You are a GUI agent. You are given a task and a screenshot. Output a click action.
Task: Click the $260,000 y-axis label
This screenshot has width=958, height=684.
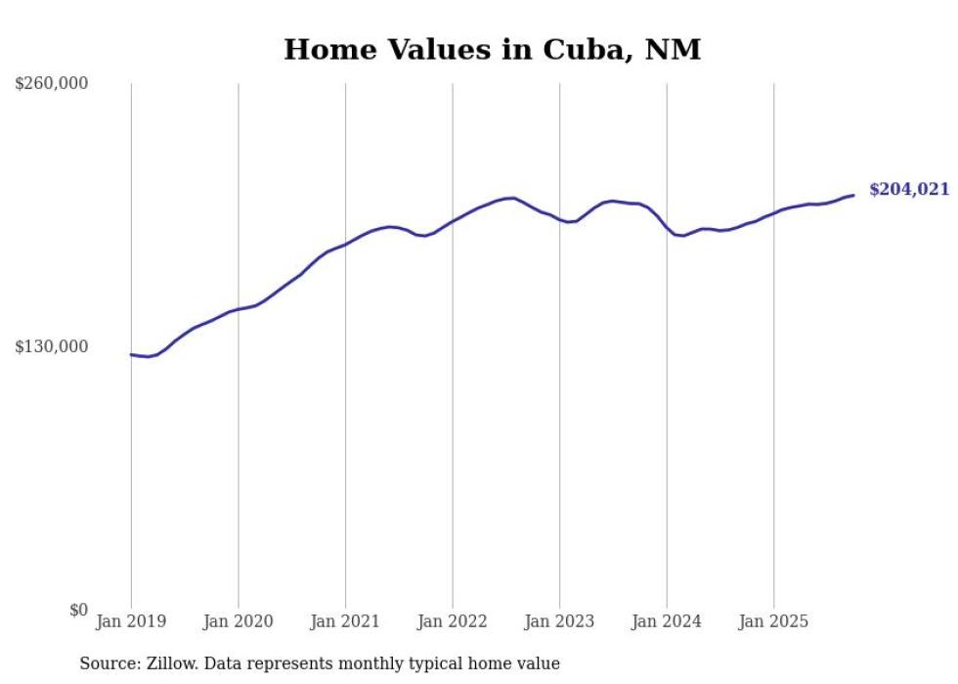52,84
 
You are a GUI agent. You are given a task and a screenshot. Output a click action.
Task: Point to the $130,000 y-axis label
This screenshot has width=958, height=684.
52,346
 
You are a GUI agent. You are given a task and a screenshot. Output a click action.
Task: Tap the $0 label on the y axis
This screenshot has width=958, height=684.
78,610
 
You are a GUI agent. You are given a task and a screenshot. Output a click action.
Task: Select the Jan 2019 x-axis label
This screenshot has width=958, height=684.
131,621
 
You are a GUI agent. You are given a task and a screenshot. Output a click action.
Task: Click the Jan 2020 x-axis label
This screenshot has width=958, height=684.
238,621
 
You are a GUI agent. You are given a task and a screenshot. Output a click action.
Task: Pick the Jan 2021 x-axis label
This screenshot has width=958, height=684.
345,621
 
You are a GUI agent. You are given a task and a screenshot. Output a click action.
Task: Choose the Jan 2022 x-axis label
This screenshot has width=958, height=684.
452,621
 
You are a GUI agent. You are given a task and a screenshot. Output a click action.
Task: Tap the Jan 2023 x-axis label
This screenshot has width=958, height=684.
559,621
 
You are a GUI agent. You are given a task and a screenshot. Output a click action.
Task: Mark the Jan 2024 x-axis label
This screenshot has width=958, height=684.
666,621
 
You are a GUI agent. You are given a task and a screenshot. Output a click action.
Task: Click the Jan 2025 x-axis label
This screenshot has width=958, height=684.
773,621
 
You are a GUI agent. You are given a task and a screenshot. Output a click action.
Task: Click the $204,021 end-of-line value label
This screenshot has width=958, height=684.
908,190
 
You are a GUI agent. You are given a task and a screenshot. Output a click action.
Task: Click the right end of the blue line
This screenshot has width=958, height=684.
853,195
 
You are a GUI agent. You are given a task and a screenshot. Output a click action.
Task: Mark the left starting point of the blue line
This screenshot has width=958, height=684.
131,354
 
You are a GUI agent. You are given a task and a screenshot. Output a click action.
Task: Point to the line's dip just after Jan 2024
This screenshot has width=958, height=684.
683,236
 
